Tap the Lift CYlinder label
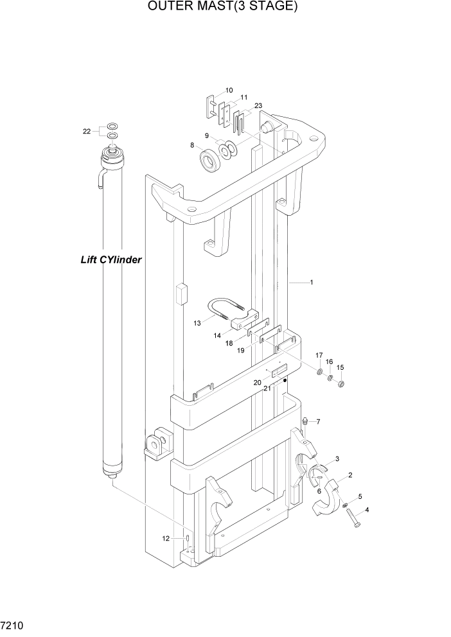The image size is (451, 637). (x=111, y=260)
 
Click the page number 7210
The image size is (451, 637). (x=13, y=625)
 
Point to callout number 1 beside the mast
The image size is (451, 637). (x=312, y=283)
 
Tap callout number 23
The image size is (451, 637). (x=258, y=106)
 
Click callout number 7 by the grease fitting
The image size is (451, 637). (x=317, y=422)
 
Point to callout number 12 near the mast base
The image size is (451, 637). (x=166, y=538)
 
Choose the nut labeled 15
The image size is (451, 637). (x=341, y=385)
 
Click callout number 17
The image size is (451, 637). (x=319, y=355)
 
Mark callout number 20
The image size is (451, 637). (x=257, y=382)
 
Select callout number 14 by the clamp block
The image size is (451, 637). (x=217, y=335)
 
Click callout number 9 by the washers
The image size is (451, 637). (x=207, y=135)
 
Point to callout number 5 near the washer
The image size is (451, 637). (x=360, y=496)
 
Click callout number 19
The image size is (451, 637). (x=241, y=351)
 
